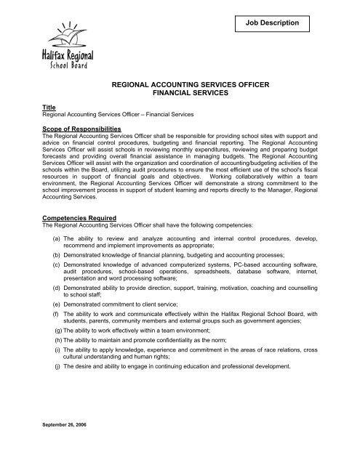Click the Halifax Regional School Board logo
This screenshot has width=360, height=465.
pos(67,46)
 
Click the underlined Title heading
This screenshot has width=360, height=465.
pos(49,108)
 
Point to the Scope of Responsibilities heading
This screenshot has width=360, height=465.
pos(85,127)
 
